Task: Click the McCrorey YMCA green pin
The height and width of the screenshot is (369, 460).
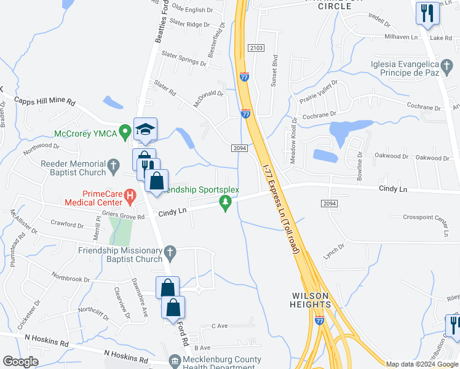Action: click(125, 131)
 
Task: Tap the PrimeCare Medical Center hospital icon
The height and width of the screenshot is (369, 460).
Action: click(130, 196)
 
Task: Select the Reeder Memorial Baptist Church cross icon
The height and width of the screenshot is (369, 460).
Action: click(113, 165)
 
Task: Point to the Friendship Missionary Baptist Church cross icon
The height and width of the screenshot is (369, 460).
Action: click(170, 251)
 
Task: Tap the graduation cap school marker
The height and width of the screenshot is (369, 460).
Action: click(145, 129)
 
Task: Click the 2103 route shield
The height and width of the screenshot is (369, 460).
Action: click(256, 48)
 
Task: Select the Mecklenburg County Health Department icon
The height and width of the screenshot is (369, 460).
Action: click(175, 360)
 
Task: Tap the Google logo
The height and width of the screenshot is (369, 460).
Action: click(21, 362)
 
